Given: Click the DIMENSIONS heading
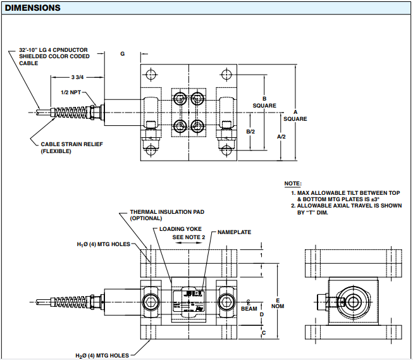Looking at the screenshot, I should point(33,8).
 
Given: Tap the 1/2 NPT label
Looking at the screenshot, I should point(71,92).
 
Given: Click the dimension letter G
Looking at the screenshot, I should point(122,54).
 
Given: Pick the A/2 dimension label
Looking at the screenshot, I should point(282,136).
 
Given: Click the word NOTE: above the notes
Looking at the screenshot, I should point(293,183).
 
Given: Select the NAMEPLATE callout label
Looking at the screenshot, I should point(234,232).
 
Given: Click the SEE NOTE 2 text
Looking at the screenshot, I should point(188,237).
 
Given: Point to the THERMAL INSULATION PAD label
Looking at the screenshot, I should point(167,214).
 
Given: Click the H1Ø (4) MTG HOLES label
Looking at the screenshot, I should point(104,244).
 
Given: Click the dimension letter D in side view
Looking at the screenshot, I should point(262,314).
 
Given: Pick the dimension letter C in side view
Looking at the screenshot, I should point(263,332).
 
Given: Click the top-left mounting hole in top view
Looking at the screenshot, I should point(149,72).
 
